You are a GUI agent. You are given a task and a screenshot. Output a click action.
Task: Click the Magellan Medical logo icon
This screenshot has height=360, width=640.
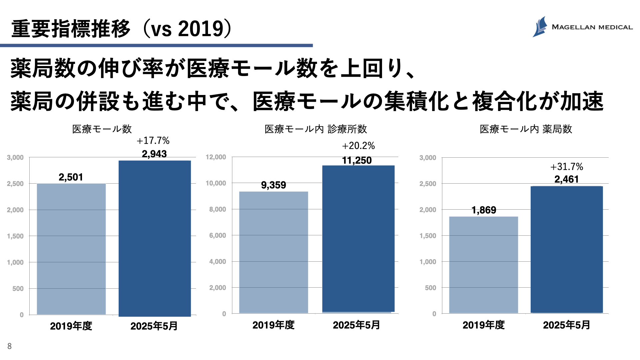540,27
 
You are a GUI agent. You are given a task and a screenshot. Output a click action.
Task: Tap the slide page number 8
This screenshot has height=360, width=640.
9,346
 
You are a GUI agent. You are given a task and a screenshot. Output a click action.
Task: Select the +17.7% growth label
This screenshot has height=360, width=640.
153,141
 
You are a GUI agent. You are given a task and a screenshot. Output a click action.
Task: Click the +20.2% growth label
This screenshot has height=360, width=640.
358,146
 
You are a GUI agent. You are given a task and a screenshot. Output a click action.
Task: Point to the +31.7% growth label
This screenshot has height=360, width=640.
567,167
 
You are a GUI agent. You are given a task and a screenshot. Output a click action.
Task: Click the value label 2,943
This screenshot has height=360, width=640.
154,154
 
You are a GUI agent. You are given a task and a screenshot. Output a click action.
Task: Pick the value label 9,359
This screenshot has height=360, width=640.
273,185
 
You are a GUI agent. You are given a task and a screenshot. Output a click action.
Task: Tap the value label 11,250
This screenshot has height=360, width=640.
357,160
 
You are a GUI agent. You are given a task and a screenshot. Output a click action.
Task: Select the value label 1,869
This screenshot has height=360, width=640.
484,210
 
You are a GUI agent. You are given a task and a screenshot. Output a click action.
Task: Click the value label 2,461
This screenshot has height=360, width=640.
567,179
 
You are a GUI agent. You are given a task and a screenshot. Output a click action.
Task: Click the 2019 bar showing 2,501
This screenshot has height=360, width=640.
71,249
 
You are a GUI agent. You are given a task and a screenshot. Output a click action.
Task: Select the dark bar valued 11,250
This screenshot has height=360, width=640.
358,239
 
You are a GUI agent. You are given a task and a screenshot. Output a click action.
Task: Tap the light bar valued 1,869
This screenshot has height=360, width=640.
484,265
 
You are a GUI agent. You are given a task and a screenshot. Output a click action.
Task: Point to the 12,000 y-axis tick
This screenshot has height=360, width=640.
216,157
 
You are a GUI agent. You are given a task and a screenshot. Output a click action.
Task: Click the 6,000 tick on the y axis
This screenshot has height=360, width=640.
217,235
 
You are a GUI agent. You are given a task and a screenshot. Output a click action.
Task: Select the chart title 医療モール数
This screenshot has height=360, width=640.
102,129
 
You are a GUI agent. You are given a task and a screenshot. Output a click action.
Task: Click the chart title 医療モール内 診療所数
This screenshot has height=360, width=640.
316,129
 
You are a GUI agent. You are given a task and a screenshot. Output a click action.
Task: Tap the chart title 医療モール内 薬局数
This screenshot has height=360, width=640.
526,129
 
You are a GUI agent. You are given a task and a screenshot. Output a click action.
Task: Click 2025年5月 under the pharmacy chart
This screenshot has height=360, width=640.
567,325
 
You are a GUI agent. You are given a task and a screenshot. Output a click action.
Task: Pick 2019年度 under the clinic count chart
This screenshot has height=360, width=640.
273,325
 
